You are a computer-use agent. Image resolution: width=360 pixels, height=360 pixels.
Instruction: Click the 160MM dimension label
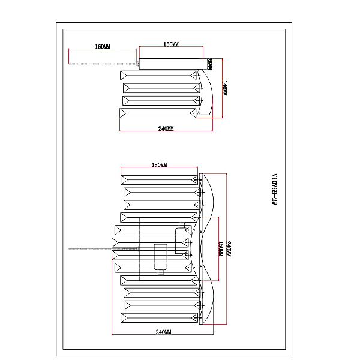click(103, 47)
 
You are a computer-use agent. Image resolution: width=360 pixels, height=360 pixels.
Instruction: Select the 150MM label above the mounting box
click(171, 44)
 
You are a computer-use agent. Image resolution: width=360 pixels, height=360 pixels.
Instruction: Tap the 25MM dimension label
click(209, 64)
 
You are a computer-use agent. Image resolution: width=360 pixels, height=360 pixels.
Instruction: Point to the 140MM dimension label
click(224, 88)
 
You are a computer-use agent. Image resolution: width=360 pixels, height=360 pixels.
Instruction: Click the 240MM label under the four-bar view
click(166, 128)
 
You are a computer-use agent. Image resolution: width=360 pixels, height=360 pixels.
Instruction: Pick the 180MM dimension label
click(160, 165)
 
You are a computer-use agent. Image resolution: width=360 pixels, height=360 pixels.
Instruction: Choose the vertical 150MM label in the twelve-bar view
click(220, 249)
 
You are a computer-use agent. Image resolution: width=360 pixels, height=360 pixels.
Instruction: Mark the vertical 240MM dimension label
click(229, 249)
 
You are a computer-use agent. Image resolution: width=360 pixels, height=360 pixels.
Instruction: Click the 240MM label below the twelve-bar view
click(163, 332)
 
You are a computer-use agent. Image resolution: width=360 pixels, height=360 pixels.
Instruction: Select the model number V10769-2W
click(274, 189)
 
